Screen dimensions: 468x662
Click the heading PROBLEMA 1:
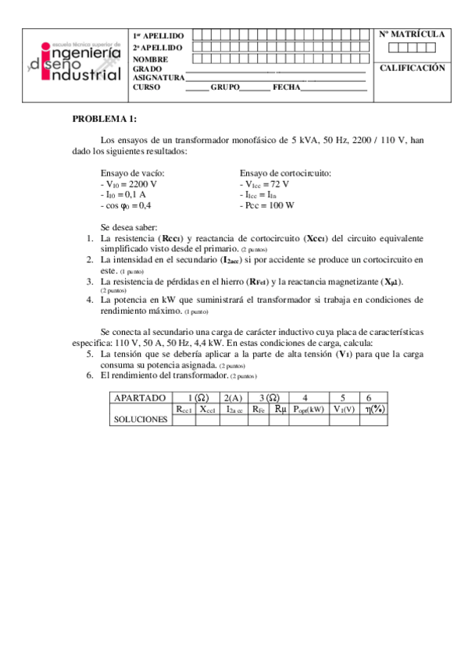104,119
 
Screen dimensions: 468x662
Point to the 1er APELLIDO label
159,36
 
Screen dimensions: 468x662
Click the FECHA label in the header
286,87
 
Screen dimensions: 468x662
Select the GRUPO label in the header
224,87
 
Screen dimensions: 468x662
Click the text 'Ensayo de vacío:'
133,173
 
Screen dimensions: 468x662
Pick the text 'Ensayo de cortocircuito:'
285,173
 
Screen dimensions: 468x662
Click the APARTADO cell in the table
140,397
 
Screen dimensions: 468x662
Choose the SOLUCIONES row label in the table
141,419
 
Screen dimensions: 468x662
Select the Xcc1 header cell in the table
207,408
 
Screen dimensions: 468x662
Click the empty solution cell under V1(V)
344,419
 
